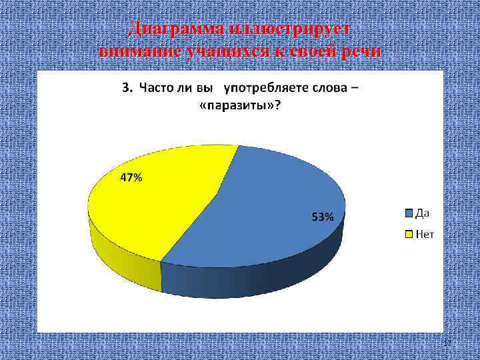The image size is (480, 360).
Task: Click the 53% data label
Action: [x=323, y=217]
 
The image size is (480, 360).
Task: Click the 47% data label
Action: [x=131, y=178]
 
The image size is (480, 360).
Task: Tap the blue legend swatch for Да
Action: [x=408, y=213]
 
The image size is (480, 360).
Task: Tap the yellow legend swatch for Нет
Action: [x=408, y=234]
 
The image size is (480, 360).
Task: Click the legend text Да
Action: [x=423, y=213]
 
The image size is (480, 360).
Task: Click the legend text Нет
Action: [x=425, y=234]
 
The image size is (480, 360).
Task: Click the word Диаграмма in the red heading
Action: [x=175, y=30]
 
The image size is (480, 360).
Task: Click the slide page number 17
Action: [x=447, y=342]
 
